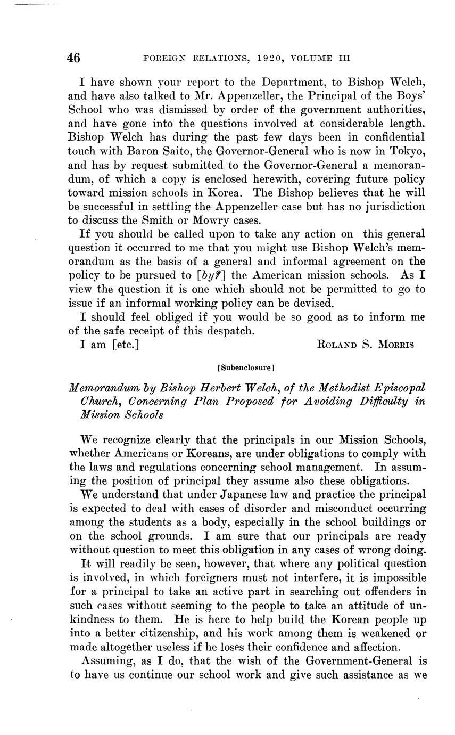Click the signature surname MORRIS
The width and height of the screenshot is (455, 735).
394,344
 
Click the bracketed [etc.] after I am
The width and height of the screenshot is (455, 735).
126,344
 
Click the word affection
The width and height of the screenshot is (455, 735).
373,647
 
